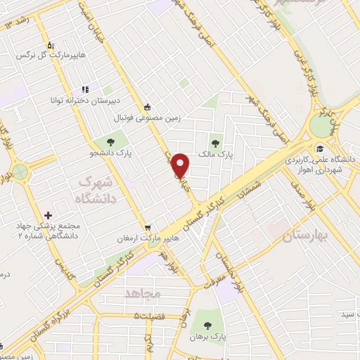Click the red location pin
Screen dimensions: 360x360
182,165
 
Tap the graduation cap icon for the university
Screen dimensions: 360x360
321,148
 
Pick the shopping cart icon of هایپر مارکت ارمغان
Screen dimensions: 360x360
147,228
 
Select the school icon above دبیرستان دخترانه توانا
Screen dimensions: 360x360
85,89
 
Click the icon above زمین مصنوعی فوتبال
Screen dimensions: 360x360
147,108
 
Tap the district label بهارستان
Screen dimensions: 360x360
306,236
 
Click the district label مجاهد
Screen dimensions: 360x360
143,292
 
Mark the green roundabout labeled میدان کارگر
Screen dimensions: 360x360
323,126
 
